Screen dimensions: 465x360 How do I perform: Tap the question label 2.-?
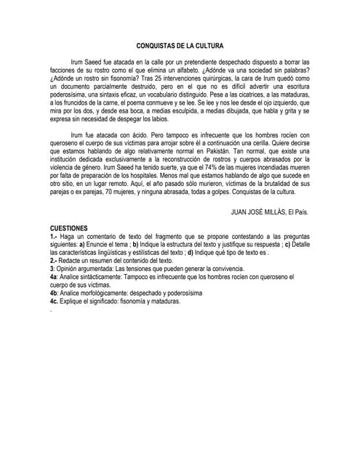[x=54, y=259]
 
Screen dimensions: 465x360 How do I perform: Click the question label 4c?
[x=54, y=301]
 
